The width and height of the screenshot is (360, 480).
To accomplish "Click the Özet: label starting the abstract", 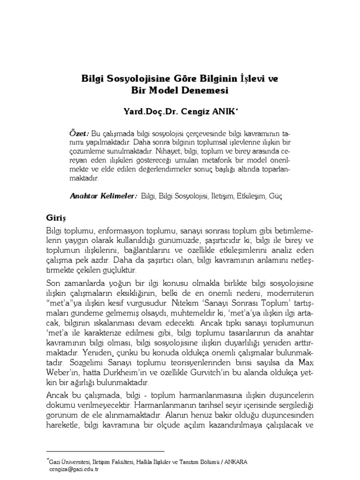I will click(79, 132).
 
